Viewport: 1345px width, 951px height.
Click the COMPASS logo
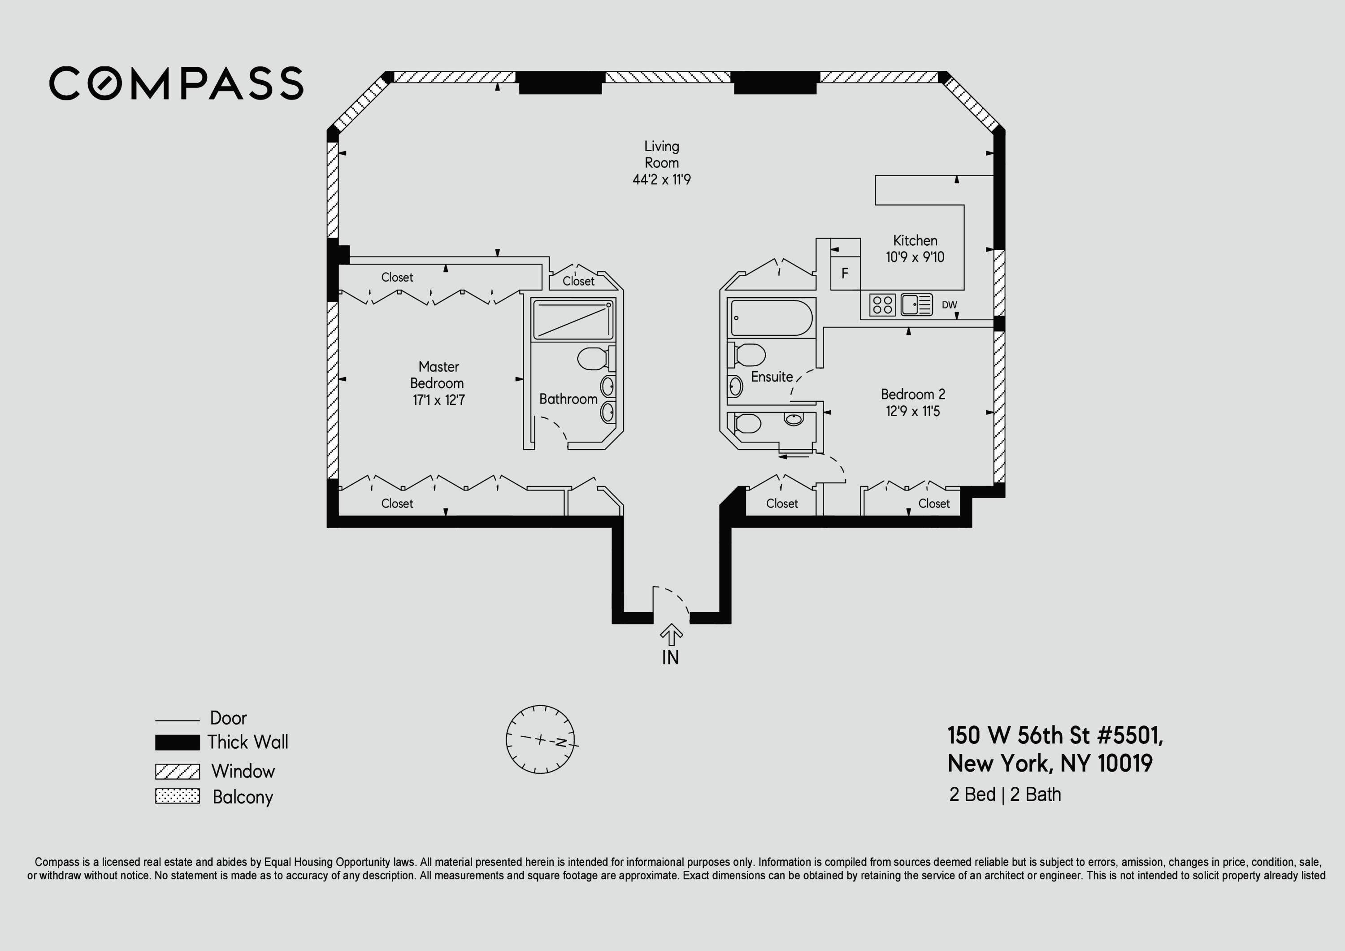[x=176, y=83]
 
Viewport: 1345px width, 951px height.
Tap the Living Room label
[x=661, y=154]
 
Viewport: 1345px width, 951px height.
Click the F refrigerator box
[x=845, y=273]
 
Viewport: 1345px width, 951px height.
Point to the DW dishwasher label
[x=949, y=305]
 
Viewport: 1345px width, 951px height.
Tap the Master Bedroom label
[x=438, y=375]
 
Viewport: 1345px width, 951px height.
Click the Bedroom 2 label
[x=913, y=395]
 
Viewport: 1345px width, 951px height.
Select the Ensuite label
[x=772, y=377]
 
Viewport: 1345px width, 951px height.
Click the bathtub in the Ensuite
[x=772, y=317]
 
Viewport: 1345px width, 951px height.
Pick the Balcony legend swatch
[x=178, y=796]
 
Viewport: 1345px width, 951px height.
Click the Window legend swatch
[x=178, y=771]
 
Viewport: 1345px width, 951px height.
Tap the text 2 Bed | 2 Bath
[x=1005, y=795]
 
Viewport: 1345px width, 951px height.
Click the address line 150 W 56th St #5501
[x=1054, y=735]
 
